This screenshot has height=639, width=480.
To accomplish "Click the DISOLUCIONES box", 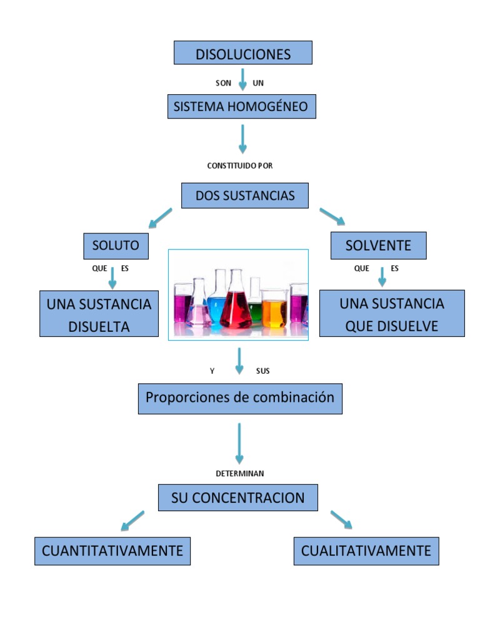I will [x=242, y=53].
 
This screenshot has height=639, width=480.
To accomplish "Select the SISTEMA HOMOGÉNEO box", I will [x=241, y=106].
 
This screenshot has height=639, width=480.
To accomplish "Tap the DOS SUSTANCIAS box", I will [x=244, y=195].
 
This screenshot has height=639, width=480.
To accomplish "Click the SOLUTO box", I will [x=116, y=245].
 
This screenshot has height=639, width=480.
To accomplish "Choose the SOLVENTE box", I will [x=378, y=245].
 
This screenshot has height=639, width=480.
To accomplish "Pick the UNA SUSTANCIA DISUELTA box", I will [x=99, y=314].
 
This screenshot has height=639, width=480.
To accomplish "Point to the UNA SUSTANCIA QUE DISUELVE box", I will [x=392, y=314].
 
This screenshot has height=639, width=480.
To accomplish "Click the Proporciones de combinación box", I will [x=240, y=398].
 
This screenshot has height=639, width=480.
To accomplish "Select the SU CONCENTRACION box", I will [x=238, y=498].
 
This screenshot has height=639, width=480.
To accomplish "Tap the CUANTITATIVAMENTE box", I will [x=112, y=551].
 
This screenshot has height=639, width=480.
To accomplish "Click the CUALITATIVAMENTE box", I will [x=366, y=551].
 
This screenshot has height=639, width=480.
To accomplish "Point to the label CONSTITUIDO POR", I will [x=240, y=166].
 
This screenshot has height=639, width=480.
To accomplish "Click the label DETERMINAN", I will [x=240, y=474].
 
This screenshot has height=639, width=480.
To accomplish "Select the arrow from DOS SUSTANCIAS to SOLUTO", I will [x=159, y=217].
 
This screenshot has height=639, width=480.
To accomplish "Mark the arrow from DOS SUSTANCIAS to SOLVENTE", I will [x=332, y=216].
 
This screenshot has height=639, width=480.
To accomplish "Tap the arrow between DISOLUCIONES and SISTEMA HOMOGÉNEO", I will [x=242, y=79].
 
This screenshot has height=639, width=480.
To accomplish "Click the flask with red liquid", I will [x=236, y=306].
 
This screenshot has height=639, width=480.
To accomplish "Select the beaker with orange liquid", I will [x=274, y=310].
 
